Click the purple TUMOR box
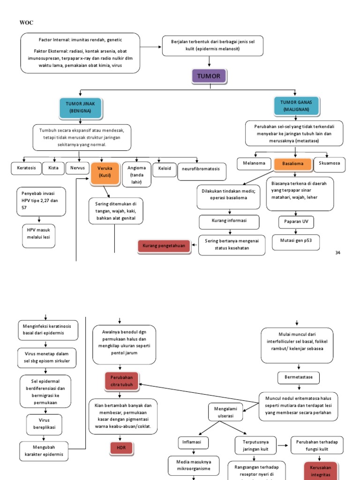(209, 76)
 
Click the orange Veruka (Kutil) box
(105, 172)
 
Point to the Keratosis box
(26, 168)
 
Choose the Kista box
(53, 168)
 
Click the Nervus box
(77, 168)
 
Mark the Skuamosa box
(329, 163)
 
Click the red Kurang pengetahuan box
(164, 246)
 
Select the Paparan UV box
(295, 221)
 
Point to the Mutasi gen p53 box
(296, 242)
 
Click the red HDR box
(121, 448)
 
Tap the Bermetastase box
(298, 376)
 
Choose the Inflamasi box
(193, 442)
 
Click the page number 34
(337, 253)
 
